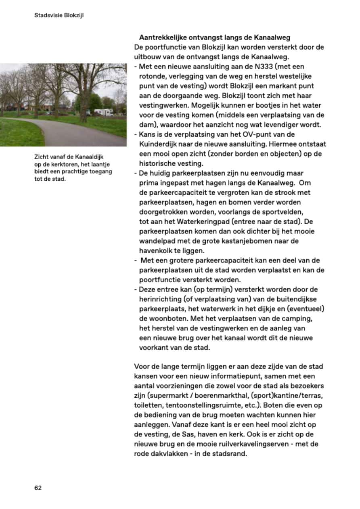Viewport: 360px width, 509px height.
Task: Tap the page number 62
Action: pyautogui.click(x=38, y=487)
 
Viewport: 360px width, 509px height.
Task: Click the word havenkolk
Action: pyautogui.click(x=155, y=250)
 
